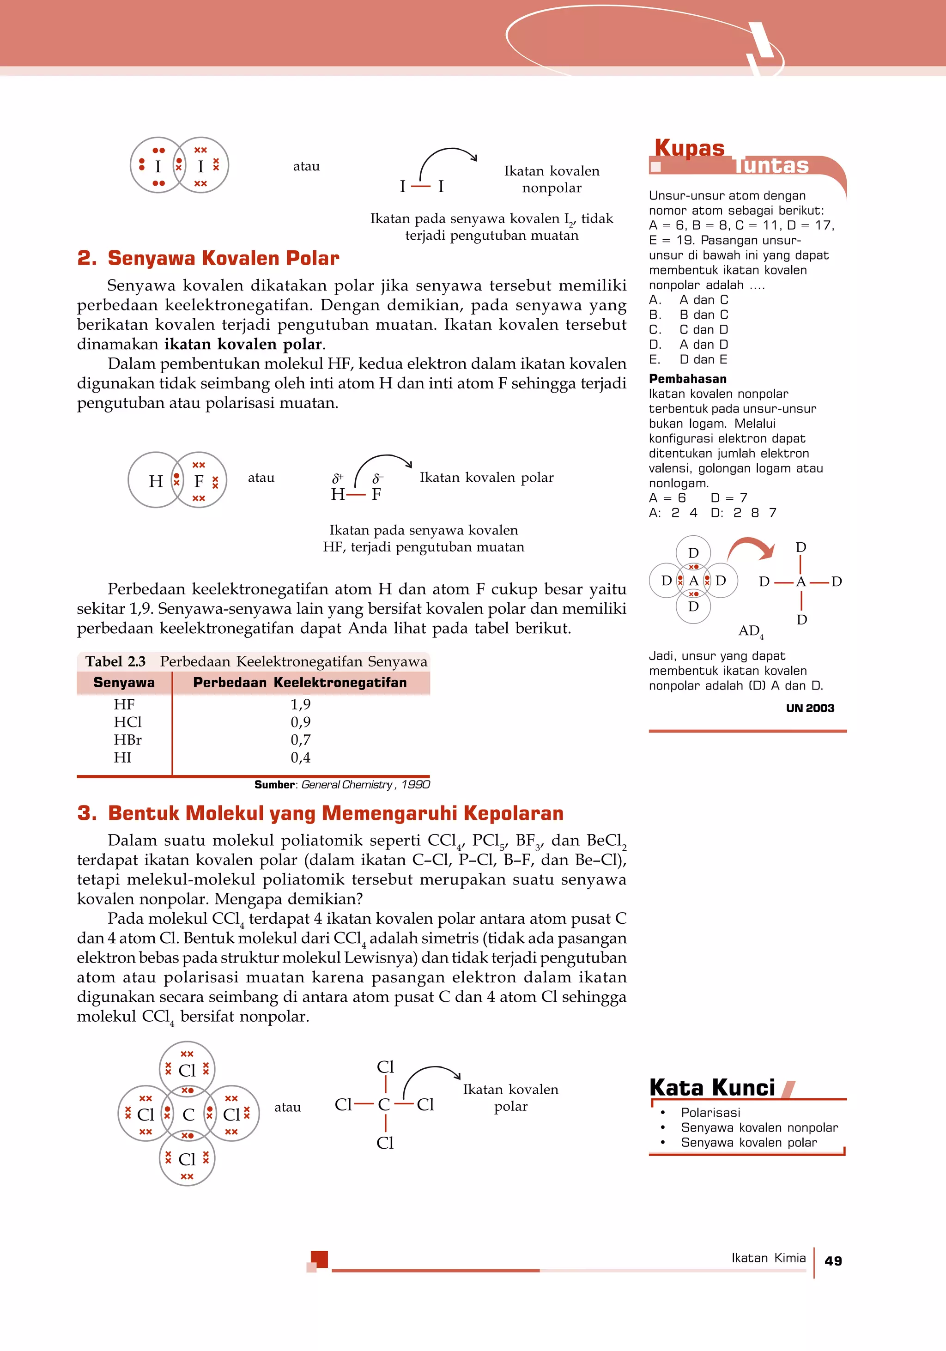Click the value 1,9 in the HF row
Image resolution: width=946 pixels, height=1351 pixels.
pos(300,704)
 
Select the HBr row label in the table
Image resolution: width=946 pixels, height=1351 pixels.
pos(127,739)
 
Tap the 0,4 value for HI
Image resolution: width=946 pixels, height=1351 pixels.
pos(300,757)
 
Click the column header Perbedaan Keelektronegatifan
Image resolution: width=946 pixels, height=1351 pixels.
pos(300,683)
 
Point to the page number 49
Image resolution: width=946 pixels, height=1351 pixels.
pos(833,1261)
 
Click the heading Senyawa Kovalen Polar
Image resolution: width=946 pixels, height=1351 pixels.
pos(223,258)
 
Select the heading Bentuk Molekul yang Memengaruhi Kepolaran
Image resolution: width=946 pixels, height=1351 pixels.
pos(335,813)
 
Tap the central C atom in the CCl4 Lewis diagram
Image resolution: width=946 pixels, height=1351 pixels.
pos(188,1115)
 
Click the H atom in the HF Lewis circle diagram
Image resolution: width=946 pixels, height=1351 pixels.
pos(155,481)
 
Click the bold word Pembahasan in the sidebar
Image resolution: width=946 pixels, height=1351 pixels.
pos(687,379)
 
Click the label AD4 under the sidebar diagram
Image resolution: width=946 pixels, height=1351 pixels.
pos(750,631)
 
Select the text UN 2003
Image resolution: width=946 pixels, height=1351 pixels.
pos(810,709)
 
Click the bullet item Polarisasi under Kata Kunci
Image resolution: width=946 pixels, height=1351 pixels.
pos(710,1113)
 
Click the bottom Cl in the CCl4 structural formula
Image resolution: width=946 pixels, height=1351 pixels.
pos(385,1143)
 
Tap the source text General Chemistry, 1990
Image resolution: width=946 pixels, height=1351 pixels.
pos(365,784)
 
